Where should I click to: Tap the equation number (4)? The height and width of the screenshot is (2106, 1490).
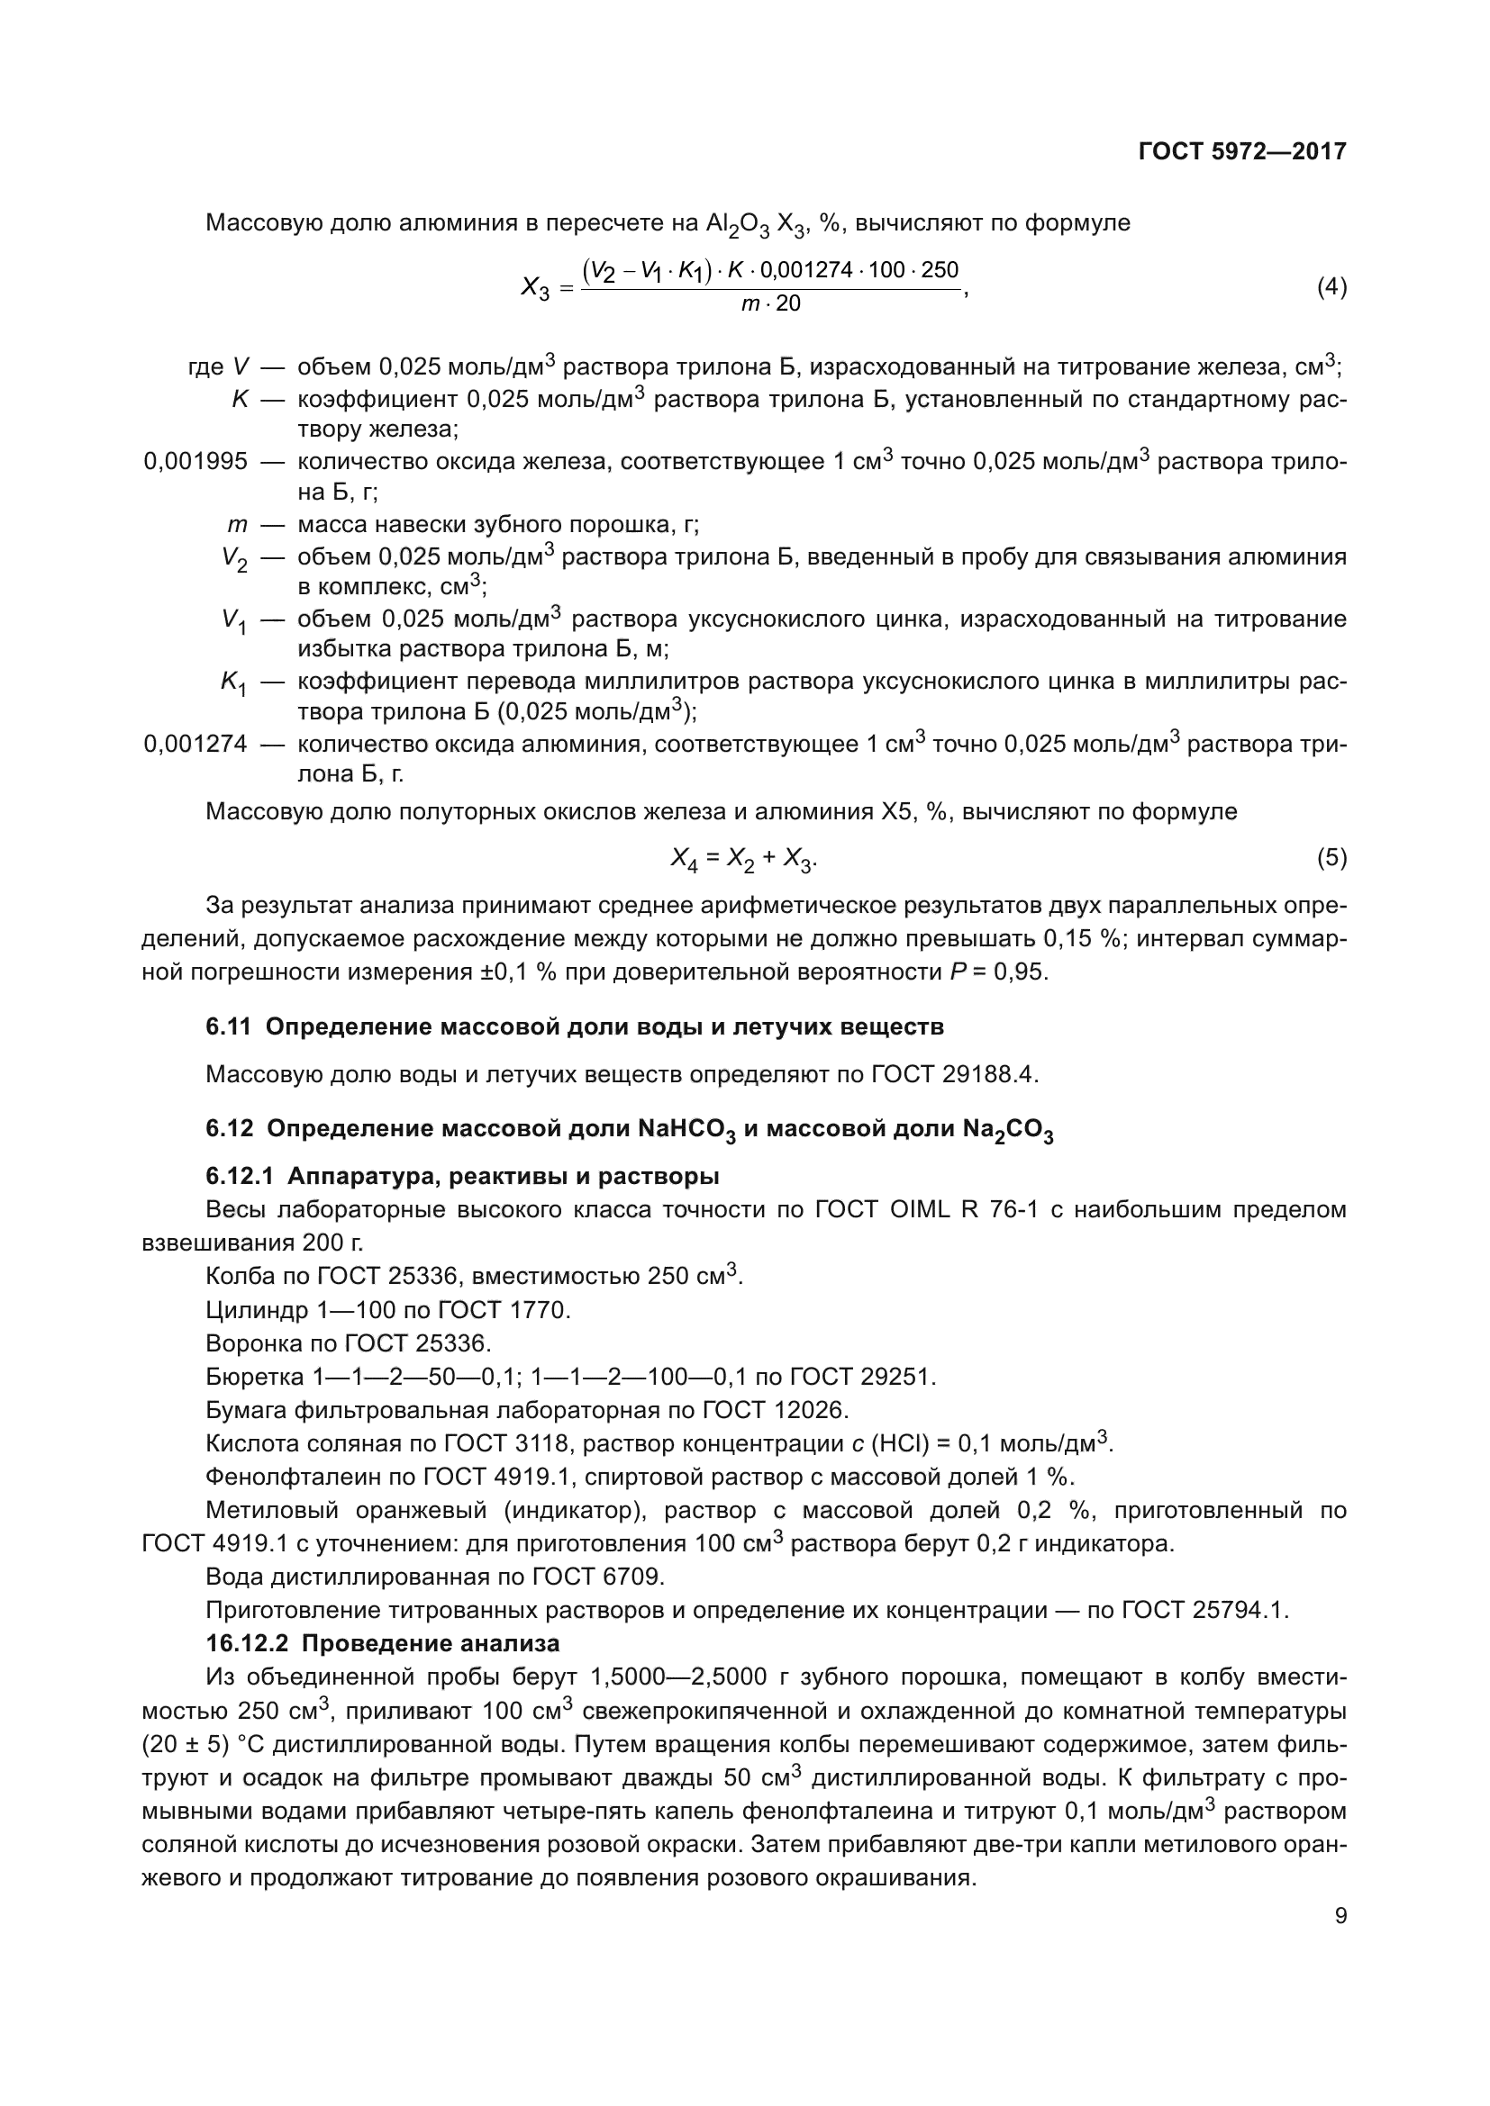[x=1331, y=287]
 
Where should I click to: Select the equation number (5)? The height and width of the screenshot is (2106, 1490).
[x=1331, y=859]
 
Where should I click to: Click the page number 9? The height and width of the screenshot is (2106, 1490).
[x=1340, y=1916]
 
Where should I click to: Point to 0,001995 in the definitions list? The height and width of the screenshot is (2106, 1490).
[x=195, y=461]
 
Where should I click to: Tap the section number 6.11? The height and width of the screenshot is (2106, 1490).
[x=228, y=1026]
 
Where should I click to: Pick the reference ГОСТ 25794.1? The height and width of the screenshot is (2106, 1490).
[x=1205, y=1610]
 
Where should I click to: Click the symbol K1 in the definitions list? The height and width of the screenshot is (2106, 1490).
[x=234, y=682]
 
